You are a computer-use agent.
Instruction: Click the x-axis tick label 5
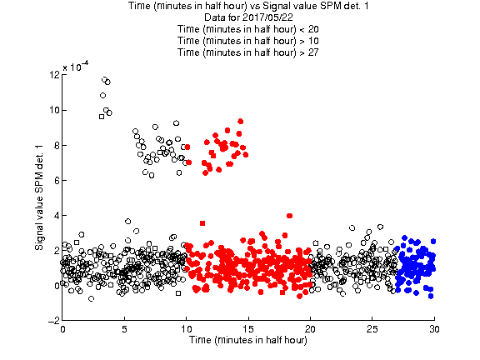pos(124,329)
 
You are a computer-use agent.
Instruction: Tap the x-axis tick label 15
pos(248,329)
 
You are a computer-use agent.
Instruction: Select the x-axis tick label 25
pos(372,329)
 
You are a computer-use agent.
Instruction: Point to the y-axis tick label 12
pos(54,75)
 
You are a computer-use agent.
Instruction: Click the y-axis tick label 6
pos(57,181)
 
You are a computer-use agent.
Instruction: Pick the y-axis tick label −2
pos(54,321)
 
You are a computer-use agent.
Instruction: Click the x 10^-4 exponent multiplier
pos(76,67)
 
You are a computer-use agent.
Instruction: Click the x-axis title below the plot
pos(248,340)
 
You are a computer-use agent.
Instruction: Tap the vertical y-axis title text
pos(39,197)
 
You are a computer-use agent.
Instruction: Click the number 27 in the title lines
pos(313,52)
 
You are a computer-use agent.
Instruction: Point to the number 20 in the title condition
pos(313,29)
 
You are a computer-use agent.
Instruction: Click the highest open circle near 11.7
pos(105,80)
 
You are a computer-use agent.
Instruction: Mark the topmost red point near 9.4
pos(241,122)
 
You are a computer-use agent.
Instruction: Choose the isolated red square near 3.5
pos(202,223)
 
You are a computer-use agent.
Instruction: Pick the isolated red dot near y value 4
pos(290,216)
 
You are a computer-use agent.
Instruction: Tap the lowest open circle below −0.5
pos(91,299)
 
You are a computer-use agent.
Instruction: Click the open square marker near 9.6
pos(102,117)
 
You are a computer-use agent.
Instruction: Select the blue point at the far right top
pos(433,242)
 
